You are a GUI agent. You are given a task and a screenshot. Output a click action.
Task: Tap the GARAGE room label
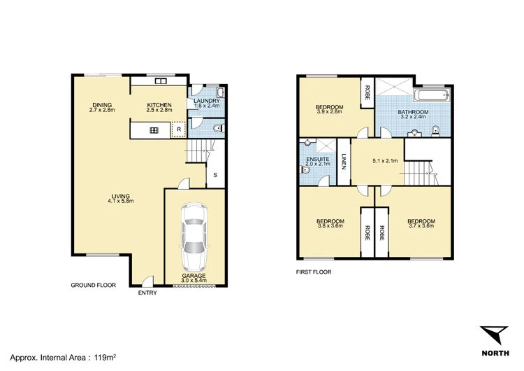(x=194, y=276)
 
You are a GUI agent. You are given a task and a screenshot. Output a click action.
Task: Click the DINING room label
(x=101, y=105)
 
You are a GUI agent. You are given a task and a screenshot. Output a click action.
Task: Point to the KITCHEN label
(x=159, y=105)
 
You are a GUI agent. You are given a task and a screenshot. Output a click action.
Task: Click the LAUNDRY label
(x=207, y=101)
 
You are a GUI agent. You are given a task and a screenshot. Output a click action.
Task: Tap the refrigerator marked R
(x=179, y=129)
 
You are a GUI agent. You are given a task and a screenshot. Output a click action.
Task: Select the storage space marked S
(x=215, y=174)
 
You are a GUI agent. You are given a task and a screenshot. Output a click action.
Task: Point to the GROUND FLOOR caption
(x=93, y=286)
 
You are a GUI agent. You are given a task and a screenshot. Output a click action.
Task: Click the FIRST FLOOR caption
(x=314, y=272)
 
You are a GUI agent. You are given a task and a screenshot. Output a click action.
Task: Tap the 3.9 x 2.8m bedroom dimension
(x=329, y=111)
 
